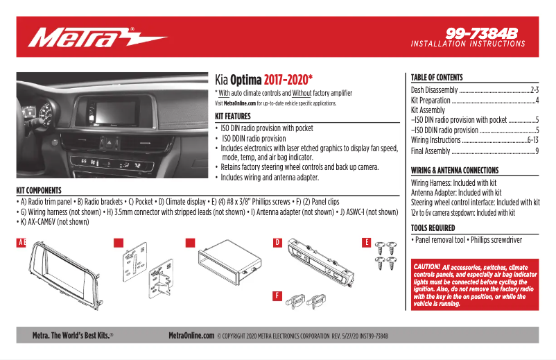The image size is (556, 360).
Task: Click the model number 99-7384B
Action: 482,33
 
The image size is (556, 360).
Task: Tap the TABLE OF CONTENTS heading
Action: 437,78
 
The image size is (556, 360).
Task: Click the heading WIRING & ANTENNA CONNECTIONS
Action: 455,171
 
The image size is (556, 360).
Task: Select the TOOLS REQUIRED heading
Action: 433,228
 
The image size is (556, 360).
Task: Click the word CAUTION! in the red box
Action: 426,266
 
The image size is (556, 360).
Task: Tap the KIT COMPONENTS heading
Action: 39,191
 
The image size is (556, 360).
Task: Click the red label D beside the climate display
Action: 277,243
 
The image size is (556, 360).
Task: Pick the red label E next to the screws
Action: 367,242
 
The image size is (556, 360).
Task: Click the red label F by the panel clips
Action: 277,295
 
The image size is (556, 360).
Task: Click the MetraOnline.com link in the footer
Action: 191,335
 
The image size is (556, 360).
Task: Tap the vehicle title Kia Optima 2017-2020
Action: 264,79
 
